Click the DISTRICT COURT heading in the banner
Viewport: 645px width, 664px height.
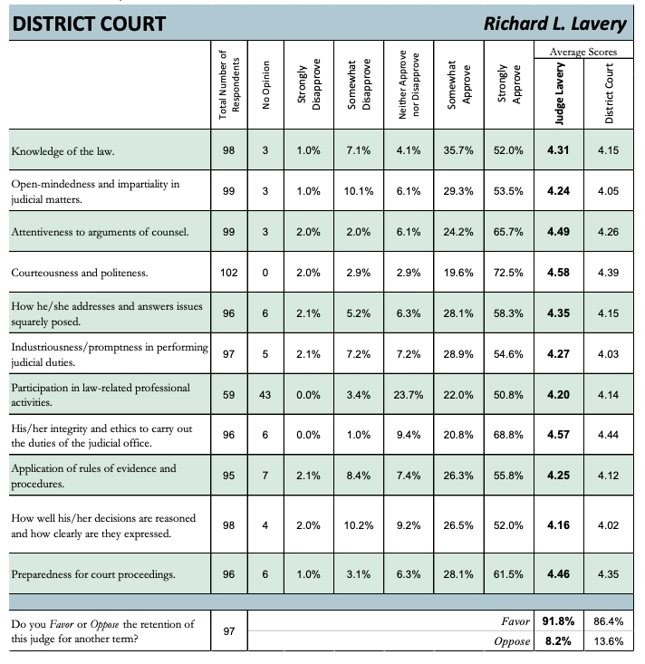[88, 24]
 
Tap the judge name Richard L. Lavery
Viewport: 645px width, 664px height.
[555, 24]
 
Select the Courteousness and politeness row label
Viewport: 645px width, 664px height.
[78, 272]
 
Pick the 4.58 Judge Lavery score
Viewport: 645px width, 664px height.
[558, 272]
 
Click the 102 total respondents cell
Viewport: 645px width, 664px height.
[229, 272]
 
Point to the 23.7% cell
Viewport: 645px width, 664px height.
[409, 394]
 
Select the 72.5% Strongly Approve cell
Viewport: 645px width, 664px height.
[507, 272]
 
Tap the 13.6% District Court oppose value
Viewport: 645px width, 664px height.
[607, 641]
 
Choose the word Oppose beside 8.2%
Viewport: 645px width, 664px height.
[512, 641]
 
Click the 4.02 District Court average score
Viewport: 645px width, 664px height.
[607, 524]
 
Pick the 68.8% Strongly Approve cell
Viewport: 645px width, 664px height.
[507, 435]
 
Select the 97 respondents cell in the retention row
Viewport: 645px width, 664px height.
[229, 630]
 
